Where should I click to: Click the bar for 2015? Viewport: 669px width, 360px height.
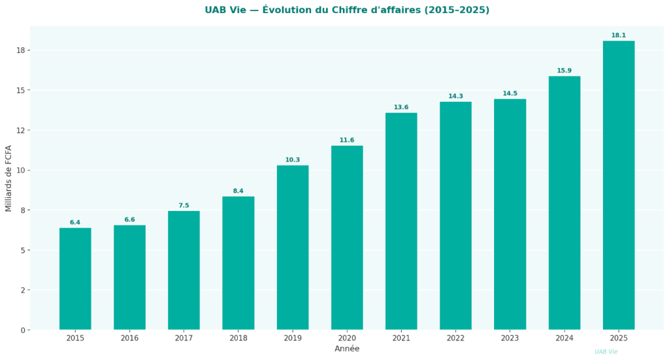point(75,278)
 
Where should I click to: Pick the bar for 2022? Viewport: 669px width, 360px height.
point(455,216)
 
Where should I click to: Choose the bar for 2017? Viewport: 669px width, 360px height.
point(184,270)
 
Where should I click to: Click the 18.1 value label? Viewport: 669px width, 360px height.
point(619,35)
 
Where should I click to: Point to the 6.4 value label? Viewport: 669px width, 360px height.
point(75,222)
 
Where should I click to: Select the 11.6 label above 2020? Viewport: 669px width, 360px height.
point(347,140)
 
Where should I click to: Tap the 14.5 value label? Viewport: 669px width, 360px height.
point(510,93)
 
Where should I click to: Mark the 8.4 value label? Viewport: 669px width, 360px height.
point(238,191)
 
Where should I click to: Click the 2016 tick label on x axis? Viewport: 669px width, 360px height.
point(129,338)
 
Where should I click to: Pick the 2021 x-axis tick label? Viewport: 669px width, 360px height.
point(401,338)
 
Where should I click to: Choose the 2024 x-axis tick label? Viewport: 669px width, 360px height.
point(564,338)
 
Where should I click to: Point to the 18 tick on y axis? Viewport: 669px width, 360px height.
point(21,50)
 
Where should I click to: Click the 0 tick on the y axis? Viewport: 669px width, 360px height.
point(23,330)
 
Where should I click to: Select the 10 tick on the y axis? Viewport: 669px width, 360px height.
point(21,171)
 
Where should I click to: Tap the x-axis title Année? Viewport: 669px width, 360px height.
point(347,349)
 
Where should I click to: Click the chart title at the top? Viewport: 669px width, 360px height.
point(347,10)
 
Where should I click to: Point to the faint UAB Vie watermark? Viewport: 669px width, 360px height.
point(606,352)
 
